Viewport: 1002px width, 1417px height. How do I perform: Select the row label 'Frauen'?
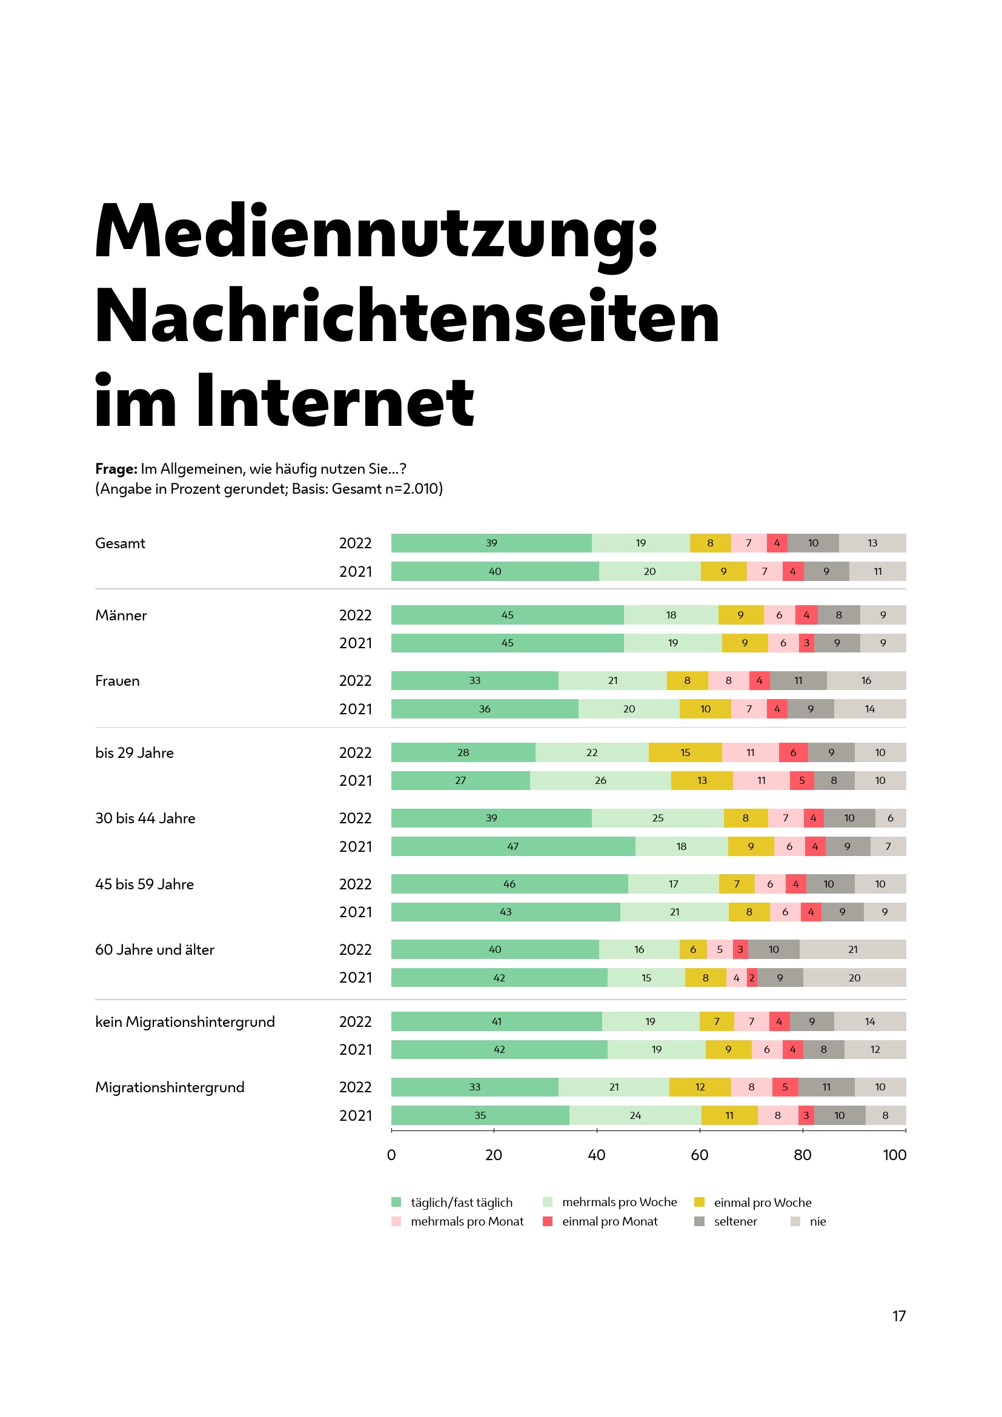click(x=118, y=681)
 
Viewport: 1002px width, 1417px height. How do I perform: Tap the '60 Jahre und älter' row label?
click(x=155, y=949)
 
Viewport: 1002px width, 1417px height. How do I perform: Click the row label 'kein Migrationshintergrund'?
click(x=185, y=1021)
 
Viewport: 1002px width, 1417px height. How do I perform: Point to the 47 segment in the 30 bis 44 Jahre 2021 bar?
click(x=513, y=846)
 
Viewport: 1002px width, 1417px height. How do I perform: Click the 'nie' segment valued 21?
click(x=853, y=949)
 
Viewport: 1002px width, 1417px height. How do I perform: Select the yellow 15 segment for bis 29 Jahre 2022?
click(x=685, y=752)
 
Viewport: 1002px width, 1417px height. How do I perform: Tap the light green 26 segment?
click(x=600, y=781)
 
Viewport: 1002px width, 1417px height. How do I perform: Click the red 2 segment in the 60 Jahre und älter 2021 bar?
click(x=751, y=978)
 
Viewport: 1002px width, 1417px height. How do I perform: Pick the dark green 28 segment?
click(x=463, y=752)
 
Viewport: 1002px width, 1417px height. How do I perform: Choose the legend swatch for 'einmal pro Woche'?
click(x=699, y=1202)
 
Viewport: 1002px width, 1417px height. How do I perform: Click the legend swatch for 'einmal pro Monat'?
click(x=547, y=1221)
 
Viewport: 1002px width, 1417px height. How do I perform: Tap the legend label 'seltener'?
click(x=735, y=1221)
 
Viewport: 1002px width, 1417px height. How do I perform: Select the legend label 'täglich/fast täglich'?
click(x=462, y=1202)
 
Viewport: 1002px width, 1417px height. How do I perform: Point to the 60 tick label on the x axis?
click(x=699, y=1155)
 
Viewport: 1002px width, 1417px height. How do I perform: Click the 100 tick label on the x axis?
click(x=894, y=1155)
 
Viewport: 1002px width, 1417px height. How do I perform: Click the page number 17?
click(x=899, y=1316)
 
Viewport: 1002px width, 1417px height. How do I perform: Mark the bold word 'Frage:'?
click(x=116, y=468)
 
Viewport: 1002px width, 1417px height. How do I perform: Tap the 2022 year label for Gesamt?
click(x=356, y=543)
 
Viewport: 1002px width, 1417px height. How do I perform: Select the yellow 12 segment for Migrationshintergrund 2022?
click(x=700, y=1087)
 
